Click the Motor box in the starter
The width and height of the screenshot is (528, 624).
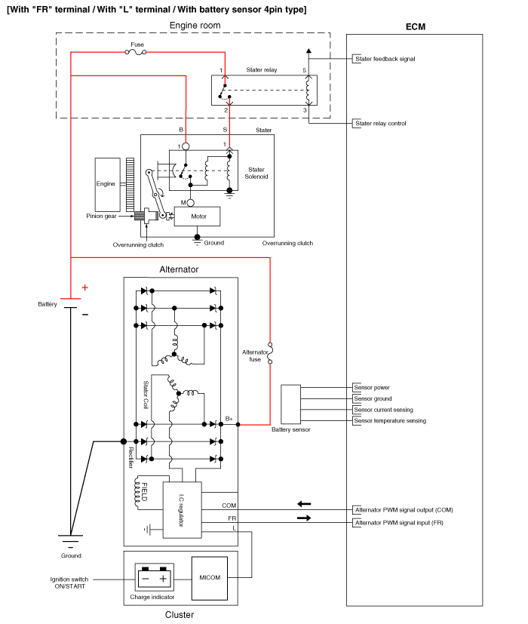[197, 216]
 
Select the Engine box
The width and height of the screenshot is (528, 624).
[106, 184]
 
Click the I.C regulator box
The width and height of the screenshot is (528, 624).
[181, 509]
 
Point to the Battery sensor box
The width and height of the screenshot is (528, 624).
[290, 404]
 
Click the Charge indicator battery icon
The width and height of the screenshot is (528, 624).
[154, 579]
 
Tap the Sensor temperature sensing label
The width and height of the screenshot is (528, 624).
[389, 421]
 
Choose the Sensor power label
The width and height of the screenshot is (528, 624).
[372, 388]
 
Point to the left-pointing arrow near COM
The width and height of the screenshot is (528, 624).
[304, 503]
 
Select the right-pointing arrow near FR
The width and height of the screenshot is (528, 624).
[304, 518]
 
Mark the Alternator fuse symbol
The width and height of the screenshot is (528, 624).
[269, 350]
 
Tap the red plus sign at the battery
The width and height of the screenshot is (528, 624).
[84, 287]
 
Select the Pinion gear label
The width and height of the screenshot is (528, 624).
[100, 216]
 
